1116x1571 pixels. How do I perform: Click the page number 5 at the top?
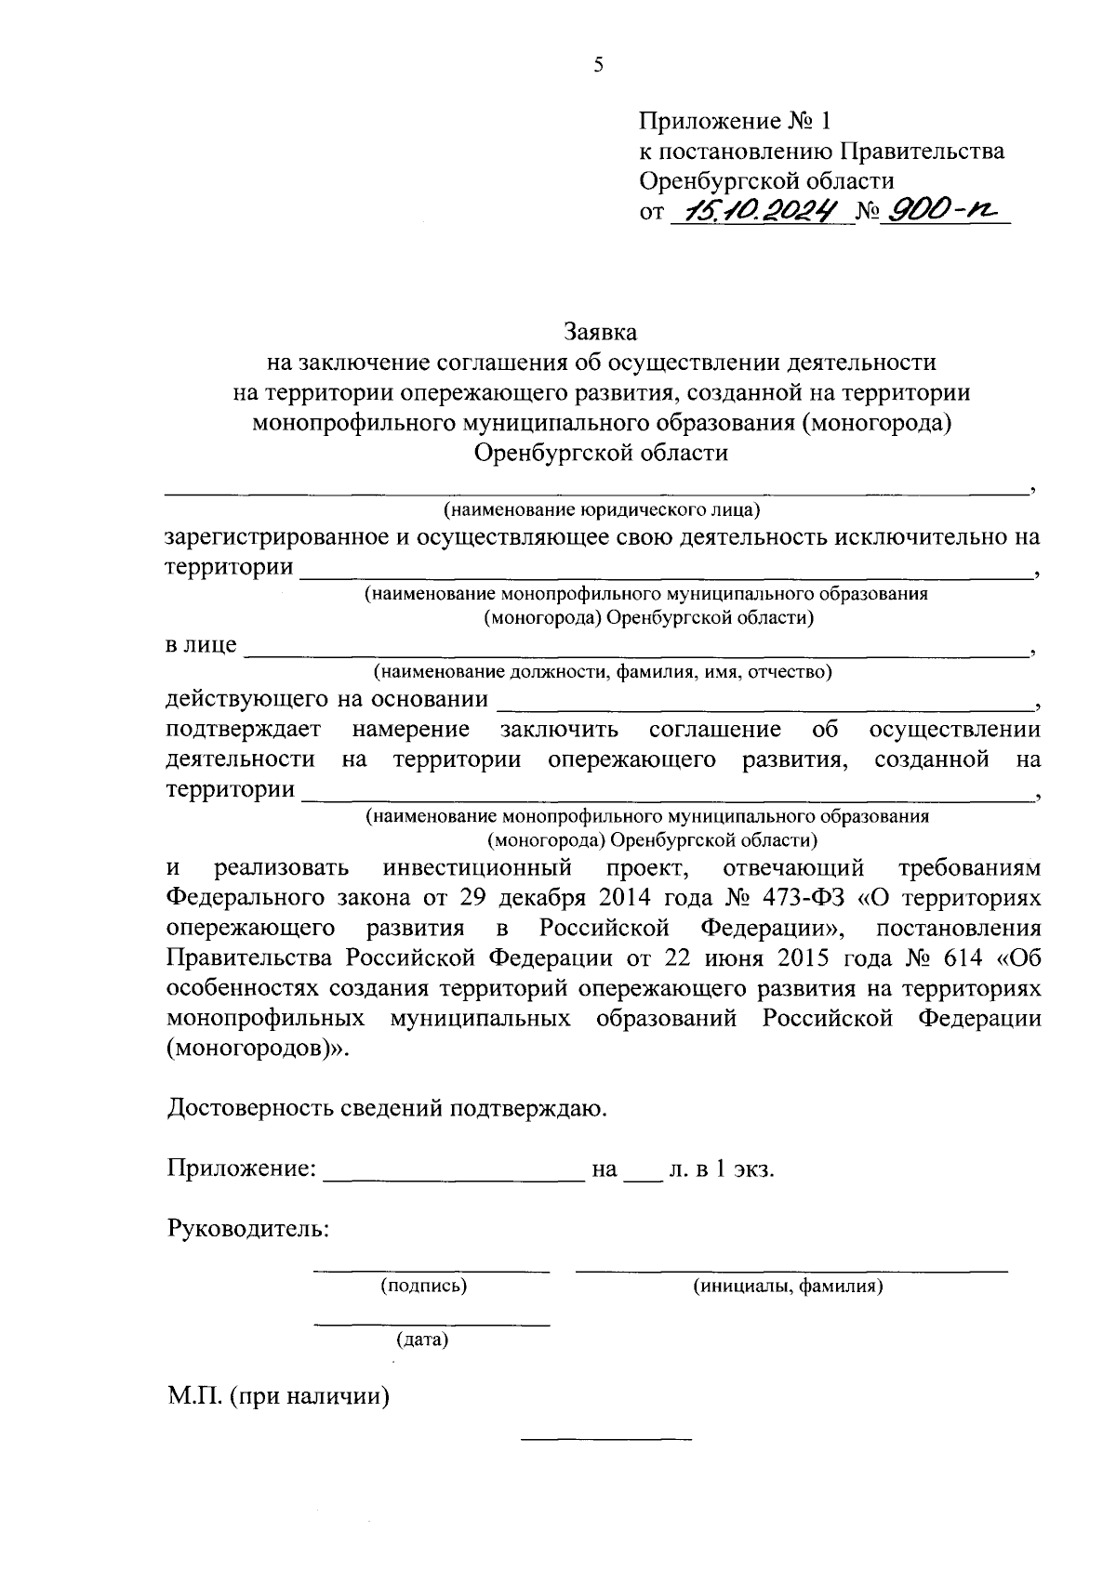click(x=598, y=65)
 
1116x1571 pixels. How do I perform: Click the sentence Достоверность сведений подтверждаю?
click(x=388, y=1108)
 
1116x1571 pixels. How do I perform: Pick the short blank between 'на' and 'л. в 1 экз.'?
click(x=640, y=1171)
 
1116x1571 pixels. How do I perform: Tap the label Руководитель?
click(x=248, y=1229)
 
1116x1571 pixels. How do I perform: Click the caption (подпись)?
click(x=423, y=1287)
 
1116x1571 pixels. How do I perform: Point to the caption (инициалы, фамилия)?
click(x=788, y=1287)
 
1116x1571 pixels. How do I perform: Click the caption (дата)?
click(x=422, y=1340)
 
